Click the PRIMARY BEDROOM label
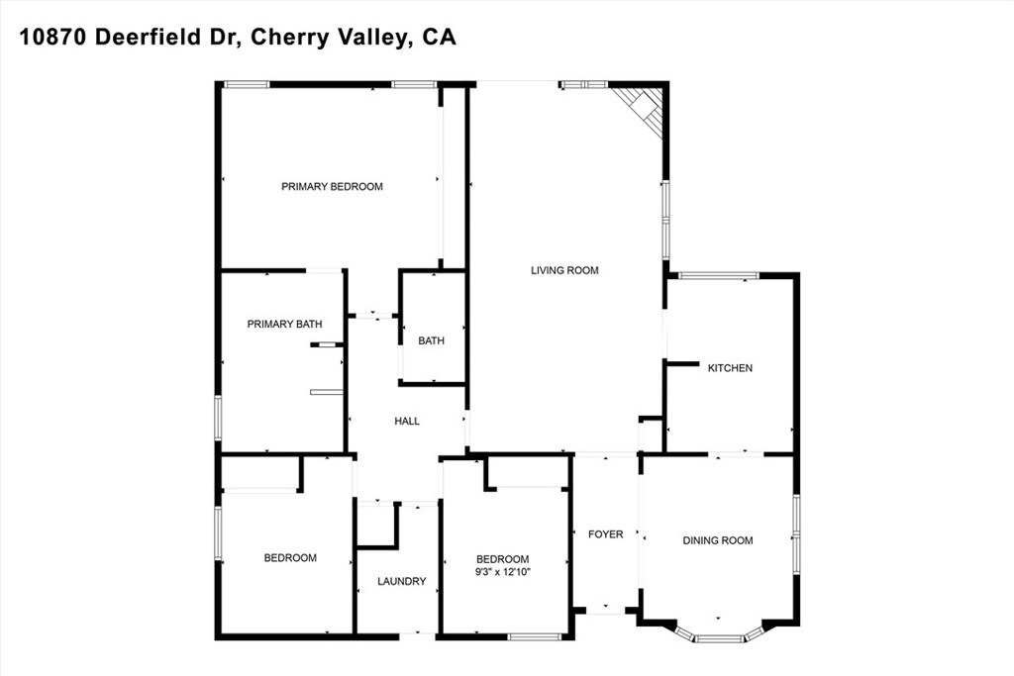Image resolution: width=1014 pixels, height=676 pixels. click(332, 187)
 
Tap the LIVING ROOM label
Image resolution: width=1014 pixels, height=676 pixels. click(564, 270)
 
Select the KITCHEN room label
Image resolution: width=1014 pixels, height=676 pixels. click(730, 368)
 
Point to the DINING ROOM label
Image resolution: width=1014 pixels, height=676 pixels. click(718, 540)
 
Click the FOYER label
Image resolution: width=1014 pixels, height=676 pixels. click(605, 533)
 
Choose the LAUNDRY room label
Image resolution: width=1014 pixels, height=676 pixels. click(402, 581)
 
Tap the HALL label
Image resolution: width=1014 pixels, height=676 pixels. click(407, 421)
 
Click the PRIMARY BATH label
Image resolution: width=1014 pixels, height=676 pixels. click(284, 324)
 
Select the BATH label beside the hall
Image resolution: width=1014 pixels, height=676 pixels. click(432, 340)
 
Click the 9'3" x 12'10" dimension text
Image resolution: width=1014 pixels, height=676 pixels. click(502, 571)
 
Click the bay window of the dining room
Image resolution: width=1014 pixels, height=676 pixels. click(718, 633)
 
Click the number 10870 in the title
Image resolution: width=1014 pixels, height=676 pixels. click(53, 37)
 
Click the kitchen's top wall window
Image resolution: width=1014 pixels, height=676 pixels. click(718, 276)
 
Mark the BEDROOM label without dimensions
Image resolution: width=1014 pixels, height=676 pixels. click(290, 558)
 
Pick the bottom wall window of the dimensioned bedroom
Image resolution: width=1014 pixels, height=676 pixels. click(534, 637)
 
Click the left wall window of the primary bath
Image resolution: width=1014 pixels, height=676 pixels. click(218, 418)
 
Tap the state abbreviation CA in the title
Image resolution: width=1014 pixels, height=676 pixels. click(440, 37)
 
